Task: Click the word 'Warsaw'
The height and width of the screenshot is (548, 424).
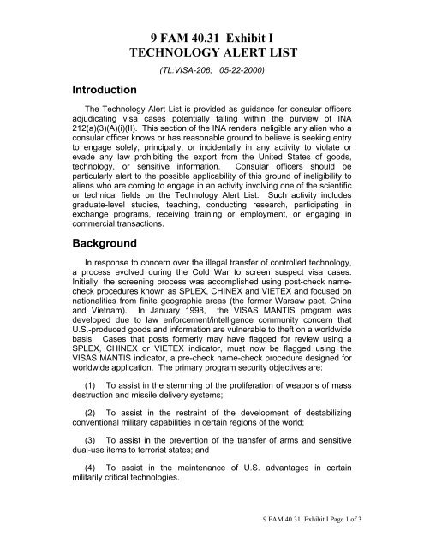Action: click(285, 337)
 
